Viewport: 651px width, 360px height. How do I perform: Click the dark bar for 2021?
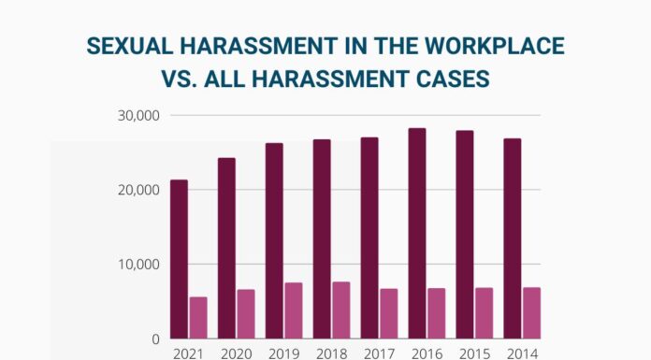coord(179,259)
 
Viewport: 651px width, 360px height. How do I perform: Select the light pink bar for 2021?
coord(198,318)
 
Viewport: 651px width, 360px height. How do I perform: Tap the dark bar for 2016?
coord(417,234)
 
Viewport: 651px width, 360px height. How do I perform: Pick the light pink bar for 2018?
coord(341,310)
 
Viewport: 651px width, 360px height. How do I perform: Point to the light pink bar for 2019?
coord(294,310)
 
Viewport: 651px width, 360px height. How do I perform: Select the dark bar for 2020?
coord(226,249)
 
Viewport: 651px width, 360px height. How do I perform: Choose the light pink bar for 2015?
coord(484,313)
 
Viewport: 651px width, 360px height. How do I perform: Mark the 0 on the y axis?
coord(155,338)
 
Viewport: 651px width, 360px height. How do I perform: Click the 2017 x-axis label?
coord(379,353)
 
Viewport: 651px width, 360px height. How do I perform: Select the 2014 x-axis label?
coord(521,353)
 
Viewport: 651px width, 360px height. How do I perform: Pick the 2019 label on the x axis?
coord(284,353)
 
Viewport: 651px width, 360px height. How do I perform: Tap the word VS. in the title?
coord(181,79)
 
